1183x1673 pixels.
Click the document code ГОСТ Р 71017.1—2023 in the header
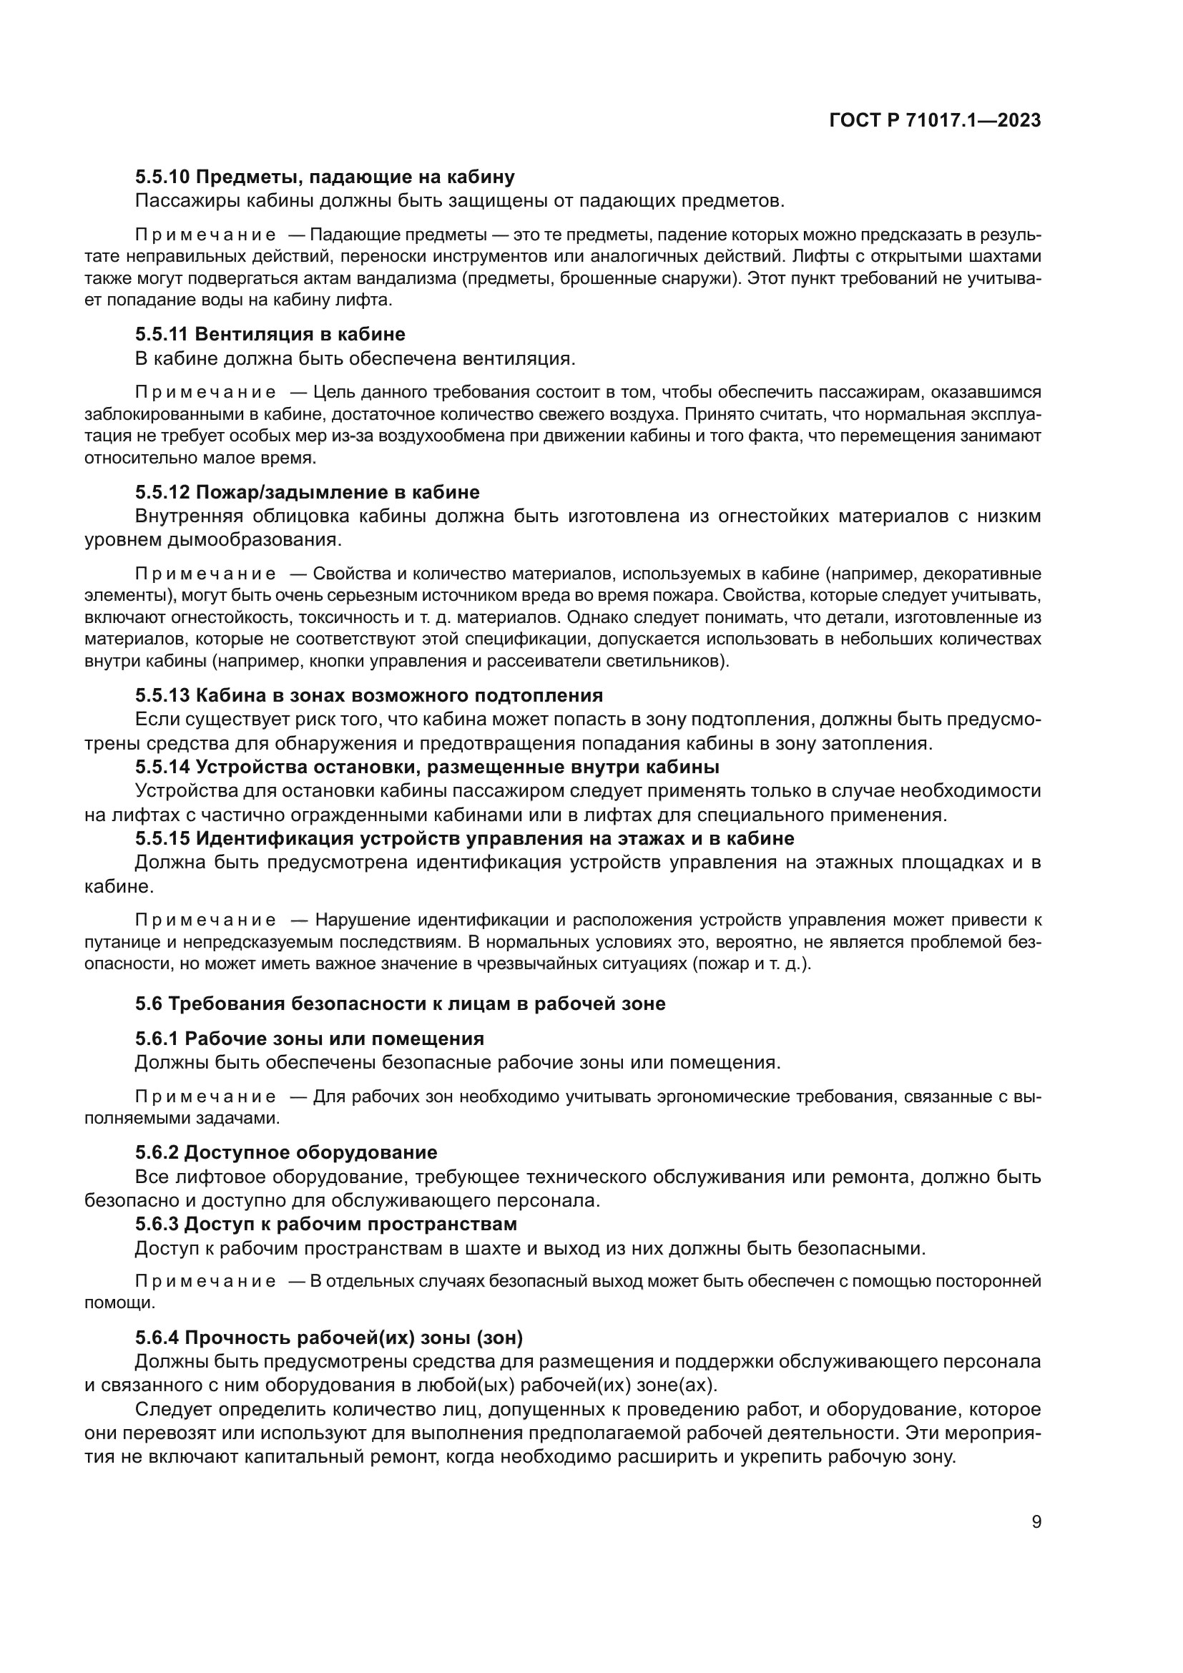click(x=935, y=121)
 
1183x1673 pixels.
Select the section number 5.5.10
click(x=162, y=177)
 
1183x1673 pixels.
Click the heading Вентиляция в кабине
click(x=300, y=335)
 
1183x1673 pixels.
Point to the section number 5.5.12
click(x=162, y=493)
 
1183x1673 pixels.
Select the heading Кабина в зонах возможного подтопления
click(x=399, y=695)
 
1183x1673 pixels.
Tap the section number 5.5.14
click(x=162, y=767)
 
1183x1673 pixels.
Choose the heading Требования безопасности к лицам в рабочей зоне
click(x=417, y=1004)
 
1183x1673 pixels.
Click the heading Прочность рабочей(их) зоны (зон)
click(x=353, y=1338)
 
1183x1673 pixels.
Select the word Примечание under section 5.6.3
click(x=205, y=1282)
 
